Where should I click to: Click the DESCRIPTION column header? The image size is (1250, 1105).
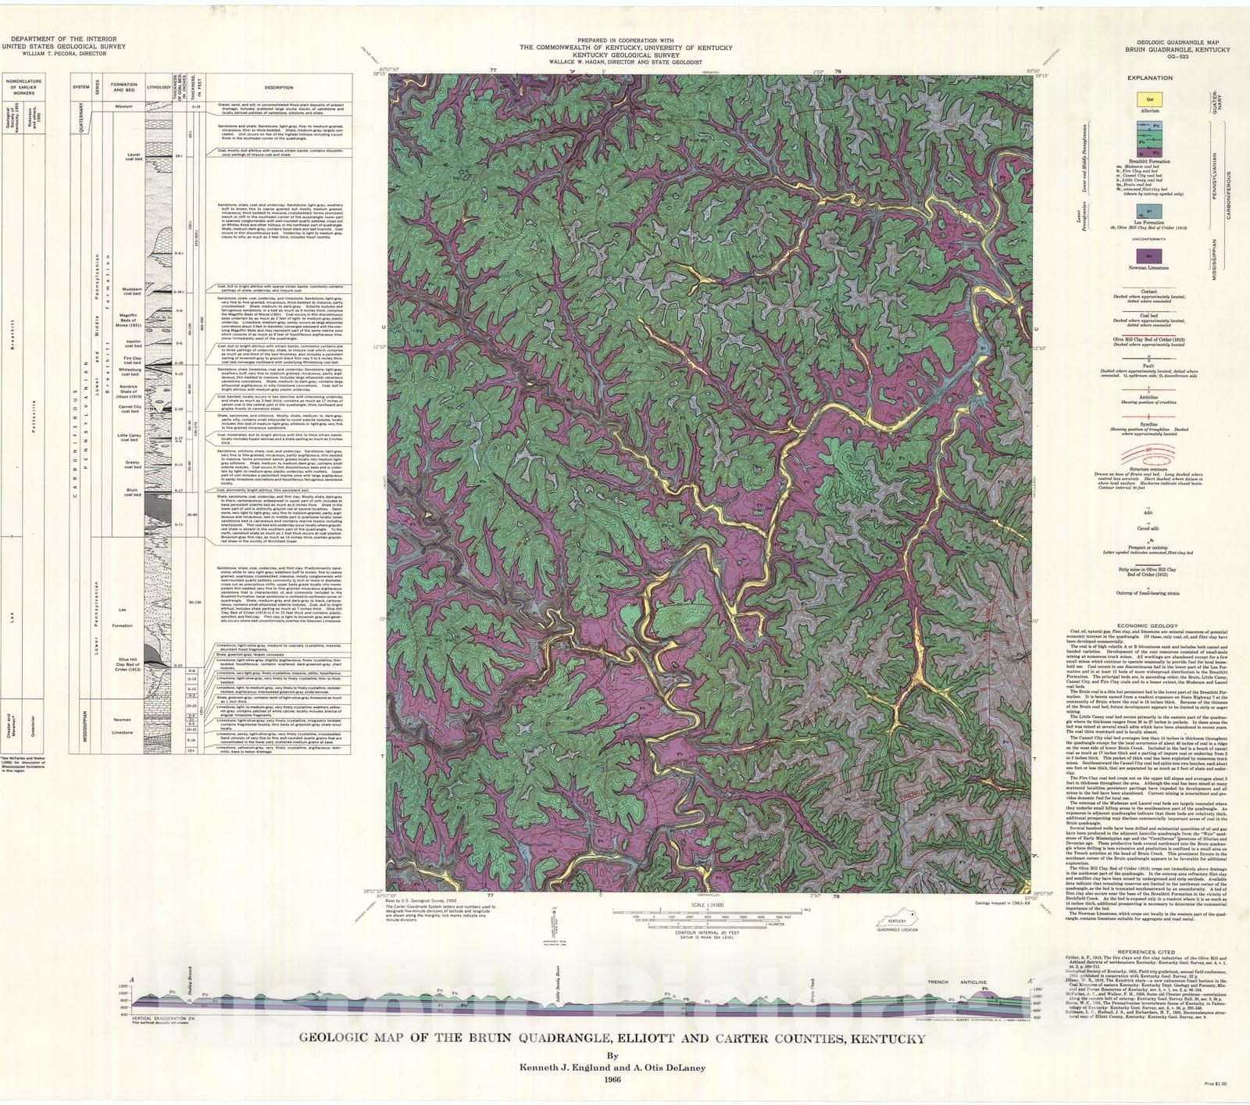point(278,88)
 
